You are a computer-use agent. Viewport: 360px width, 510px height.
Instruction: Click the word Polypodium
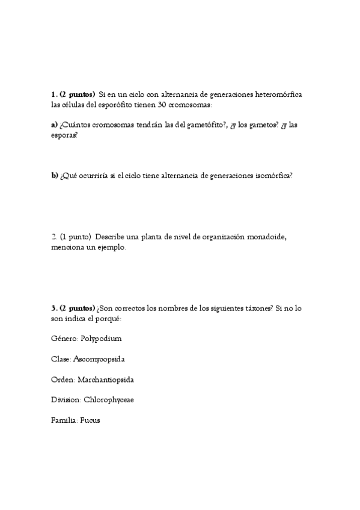pyautogui.click(x=101, y=339)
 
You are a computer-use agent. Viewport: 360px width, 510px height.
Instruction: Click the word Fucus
pyautogui.click(x=90, y=420)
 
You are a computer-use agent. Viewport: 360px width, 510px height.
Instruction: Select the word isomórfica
pyautogui.click(x=271, y=176)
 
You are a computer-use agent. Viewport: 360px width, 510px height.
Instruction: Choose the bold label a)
pyautogui.click(x=55, y=125)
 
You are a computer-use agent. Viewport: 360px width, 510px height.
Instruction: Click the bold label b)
pyautogui.click(x=55, y=176)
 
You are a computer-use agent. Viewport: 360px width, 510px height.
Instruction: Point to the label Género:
pyautogui.click(x=64, y=339)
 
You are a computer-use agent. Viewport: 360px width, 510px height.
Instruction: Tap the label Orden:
pyautogui.click(x=63, y=379)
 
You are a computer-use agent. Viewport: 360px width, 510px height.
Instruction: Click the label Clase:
pyautogui.click(x=61, y=359)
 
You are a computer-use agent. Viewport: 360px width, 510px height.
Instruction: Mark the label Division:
pyautogui.click(x=66, y=400)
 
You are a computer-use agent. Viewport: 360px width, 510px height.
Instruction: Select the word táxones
pyautogui.click(x=257, y=308)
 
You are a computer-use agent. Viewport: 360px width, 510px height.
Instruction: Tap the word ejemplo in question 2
pyautogui.click(x=111, y=247)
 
